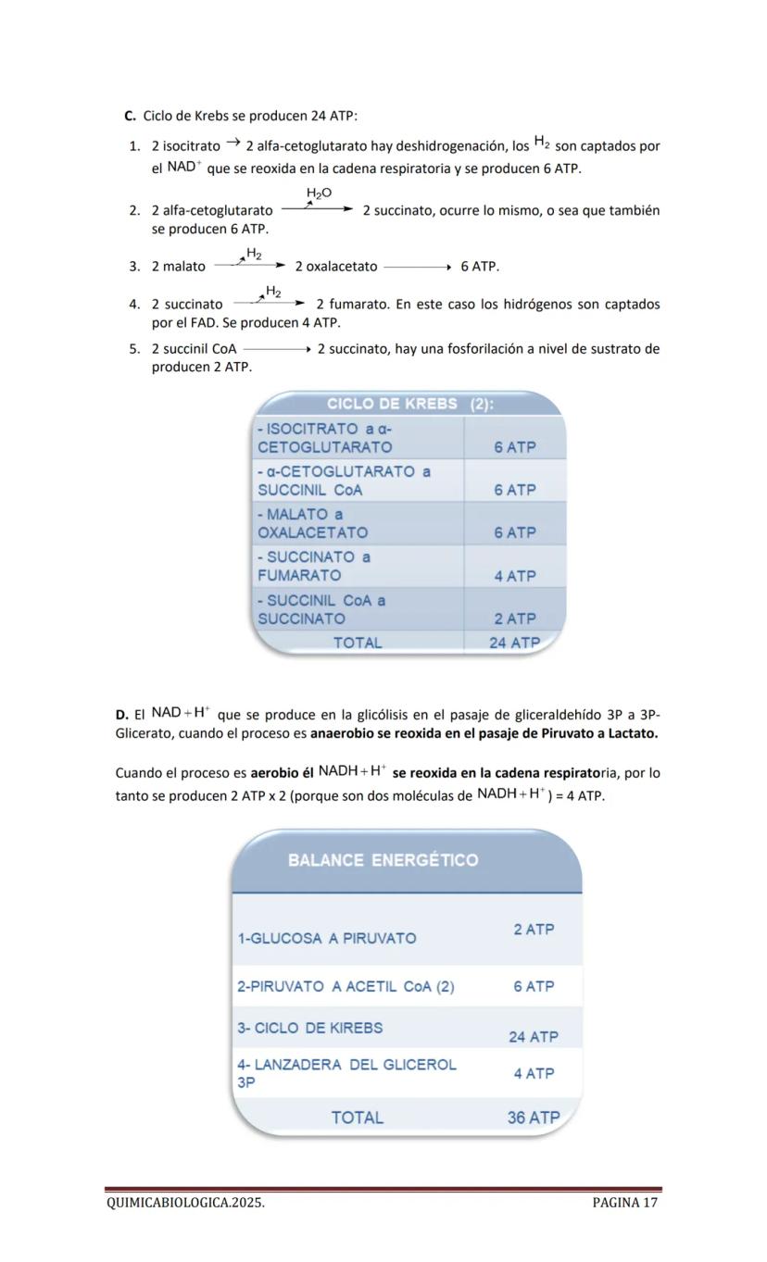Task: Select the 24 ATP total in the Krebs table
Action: pyautogui.click(x=514, y=642)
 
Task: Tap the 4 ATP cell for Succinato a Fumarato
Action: pyautogui.click(x=515, y=576)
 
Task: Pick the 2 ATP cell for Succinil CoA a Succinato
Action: pyautogui.click(x=515, y=619)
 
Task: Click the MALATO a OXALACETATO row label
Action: pyautogui.click(x=312, y=523)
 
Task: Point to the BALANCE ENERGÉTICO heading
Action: pyautogui.click(x=383, y=860)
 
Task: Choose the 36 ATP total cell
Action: pyautogui.click(x=534, y=1118)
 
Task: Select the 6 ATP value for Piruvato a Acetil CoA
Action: pyautogui.click(x=534, y=986)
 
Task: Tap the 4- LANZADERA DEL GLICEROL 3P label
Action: pyautogui.click(x=346, y=1073)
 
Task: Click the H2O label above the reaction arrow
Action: pyautogui.click(x=320, y=193)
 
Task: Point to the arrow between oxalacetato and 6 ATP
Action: pyautogui.click(x=417, y=268)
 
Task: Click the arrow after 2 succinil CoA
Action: pyautogui.click(x=276, y=350)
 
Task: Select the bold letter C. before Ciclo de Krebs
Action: pyautogui.click(x=130, y=116)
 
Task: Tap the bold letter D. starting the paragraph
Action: pyautogui.click(x=121, y=715)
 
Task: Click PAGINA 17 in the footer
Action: pyautogui.click(x=625, y=1203)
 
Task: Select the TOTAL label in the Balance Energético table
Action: pyautogui.click(x=358, y=1118)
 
